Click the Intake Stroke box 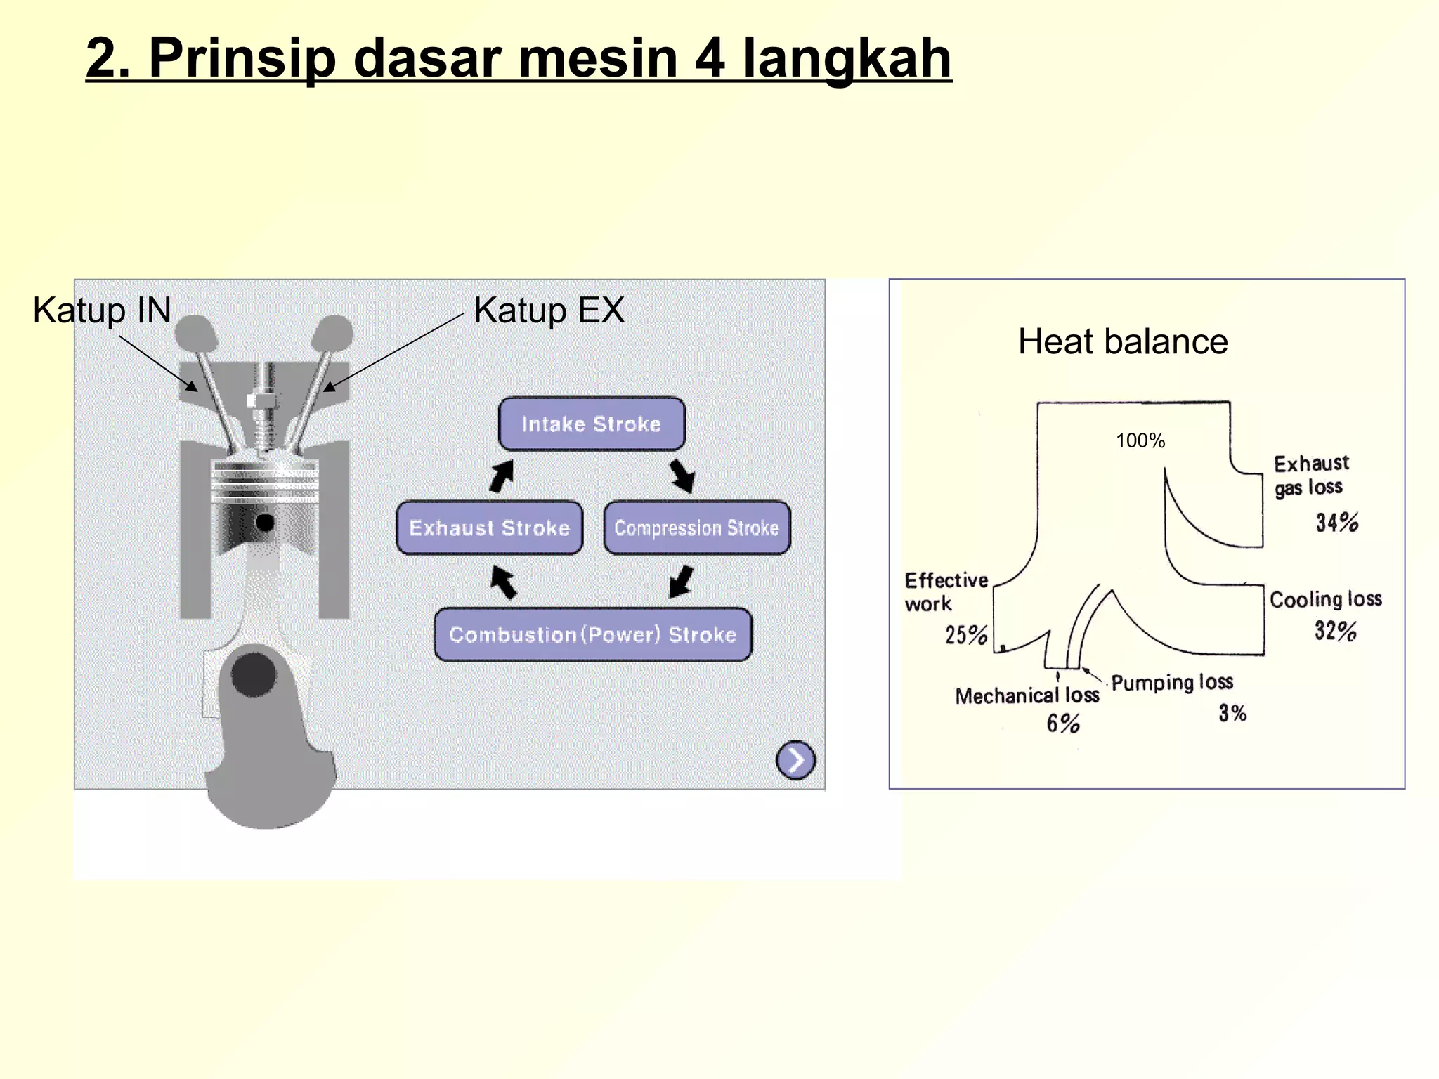[592, 424]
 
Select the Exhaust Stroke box [489, 528]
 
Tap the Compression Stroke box [696, 528]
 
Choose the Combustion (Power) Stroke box [592, 634]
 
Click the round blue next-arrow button [795, 760]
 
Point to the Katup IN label [102, 310]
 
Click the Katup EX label [549, 310]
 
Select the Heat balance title [1123, 342]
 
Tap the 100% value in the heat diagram [1140, 441]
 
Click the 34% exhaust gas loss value [1337, 523]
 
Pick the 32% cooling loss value [1335, 630]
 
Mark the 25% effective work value [966, 635]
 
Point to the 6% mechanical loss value [1062, 724]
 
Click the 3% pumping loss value [1232, 714]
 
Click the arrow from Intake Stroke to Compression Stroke [682, 476]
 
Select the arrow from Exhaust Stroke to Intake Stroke [502, 476]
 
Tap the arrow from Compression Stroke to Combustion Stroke [681, 582]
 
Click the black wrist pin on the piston [265, 523]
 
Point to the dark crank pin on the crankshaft [254, 675]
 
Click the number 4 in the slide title [710, 58]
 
